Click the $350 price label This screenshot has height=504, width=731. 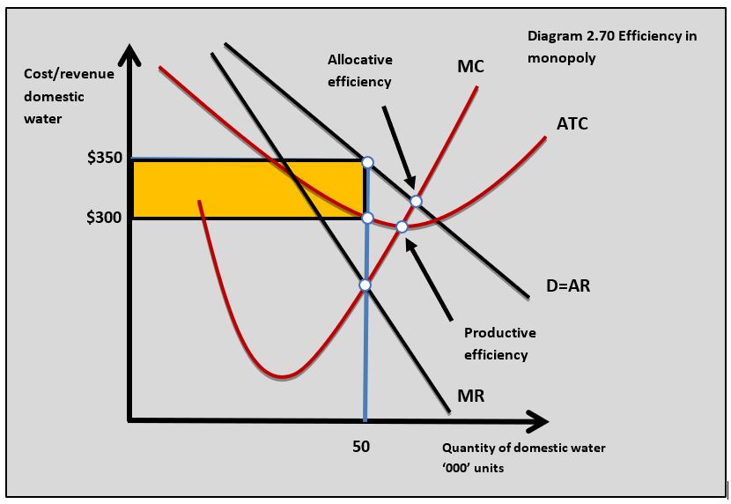coord(104,159)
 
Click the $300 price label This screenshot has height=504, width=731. coord(104,218)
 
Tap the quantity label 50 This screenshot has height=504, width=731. coord(361,446)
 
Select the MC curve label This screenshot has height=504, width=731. coord(470,67)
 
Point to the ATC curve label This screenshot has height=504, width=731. coord(572,124)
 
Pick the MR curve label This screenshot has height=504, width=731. coord(470,396)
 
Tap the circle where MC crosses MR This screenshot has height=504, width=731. coord(365,285)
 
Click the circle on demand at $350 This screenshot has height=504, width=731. coord(367,162)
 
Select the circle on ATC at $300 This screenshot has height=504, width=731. coord(367,218)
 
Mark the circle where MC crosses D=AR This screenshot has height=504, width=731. coord(416,202)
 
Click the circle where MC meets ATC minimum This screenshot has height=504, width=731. coord(402,227)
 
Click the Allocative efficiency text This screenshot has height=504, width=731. coord(360,70)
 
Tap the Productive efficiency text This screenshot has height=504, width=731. coord(499,344)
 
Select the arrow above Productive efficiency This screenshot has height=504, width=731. coord(429,279)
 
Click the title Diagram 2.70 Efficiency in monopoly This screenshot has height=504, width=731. coord(611,48)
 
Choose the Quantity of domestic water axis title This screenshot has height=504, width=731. coord(523,457)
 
